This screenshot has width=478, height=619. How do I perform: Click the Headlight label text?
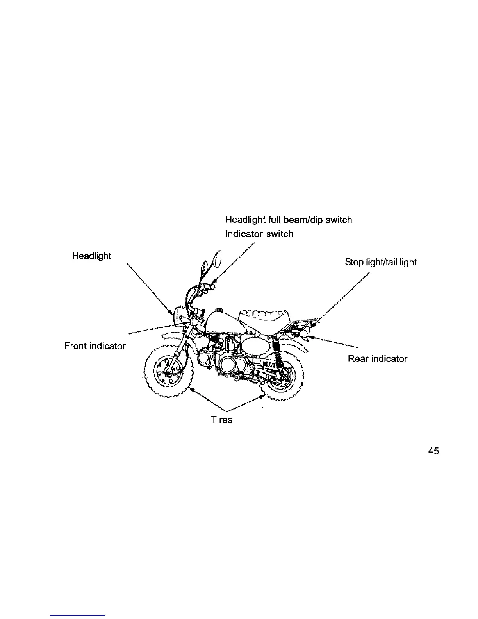coord(91,256)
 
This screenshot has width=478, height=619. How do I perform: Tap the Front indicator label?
coord(95,346)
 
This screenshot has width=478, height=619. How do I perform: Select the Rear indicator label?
coord(377,359)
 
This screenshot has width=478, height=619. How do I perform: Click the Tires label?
coord(221,420)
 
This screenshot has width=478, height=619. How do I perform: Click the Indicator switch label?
coord(259,234)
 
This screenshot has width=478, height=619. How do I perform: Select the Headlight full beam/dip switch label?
coord(289,220)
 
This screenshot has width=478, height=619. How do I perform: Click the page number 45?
coord(433,451)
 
